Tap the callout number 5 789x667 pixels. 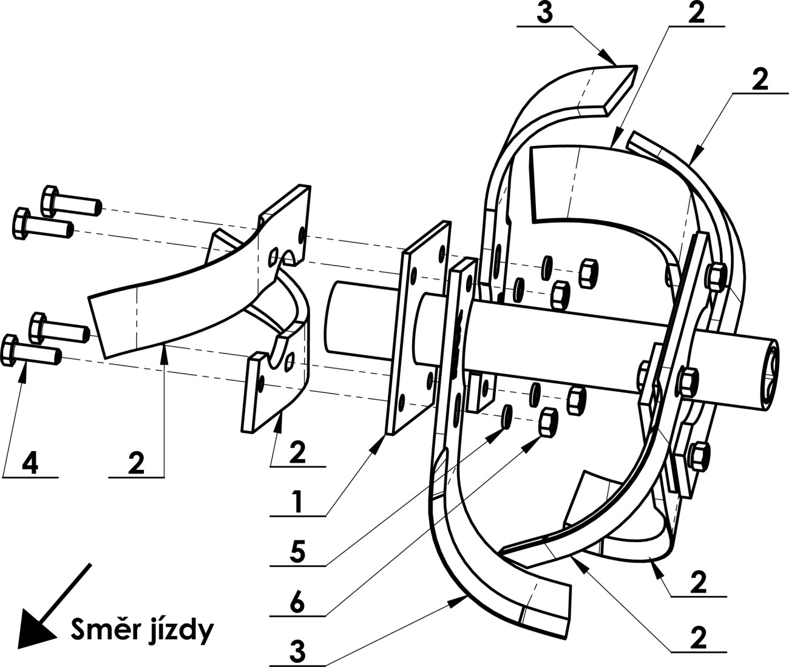tap(298, 551)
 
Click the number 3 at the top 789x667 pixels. tap(544, 13)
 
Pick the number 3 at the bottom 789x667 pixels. tap(297, 652)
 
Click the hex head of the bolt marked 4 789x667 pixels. tap(10, 350)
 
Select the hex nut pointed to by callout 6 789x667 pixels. tap(548, 421)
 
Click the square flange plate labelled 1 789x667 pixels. tap(419, 328)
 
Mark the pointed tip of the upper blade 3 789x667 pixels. tap(636, 66)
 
